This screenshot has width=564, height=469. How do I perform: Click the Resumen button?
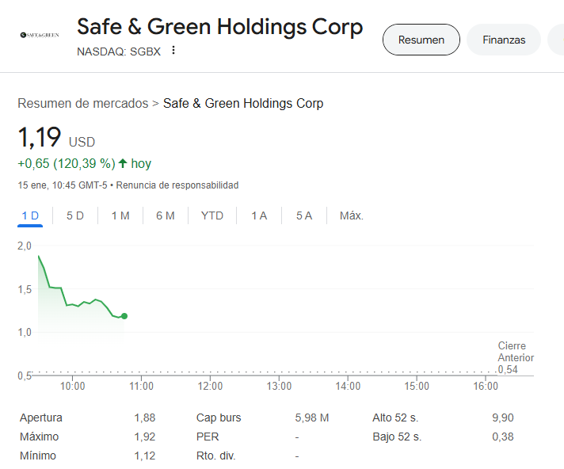(x=421, y=40)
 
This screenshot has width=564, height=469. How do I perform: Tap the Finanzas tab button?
(x=504, y=40)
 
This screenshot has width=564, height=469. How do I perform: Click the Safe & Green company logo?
(x=40, y=35)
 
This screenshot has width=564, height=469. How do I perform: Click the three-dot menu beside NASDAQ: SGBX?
(x=173, y=51)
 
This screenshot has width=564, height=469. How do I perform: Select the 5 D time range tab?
(x=75, y=215)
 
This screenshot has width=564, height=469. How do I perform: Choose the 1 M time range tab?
(x=120, y=215)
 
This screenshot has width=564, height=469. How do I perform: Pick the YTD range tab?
(x=212, y=215)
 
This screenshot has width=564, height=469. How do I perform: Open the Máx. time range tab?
(x=352, y=215)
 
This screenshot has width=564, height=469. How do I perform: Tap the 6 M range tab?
(x=166, y=215)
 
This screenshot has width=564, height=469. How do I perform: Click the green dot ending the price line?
(x=124, y=316)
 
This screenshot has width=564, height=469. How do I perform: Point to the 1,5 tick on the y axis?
(x=25, y=289)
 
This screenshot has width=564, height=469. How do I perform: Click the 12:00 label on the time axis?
(x=210, y=386)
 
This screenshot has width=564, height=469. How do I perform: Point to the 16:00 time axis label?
(x=486, y=386)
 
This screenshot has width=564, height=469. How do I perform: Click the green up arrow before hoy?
(x=123, y=163)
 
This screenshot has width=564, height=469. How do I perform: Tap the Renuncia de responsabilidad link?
(x=177, y=185)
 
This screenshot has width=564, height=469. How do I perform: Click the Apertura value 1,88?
(x=145, y=418)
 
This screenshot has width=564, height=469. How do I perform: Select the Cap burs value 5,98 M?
(x=312, y=418)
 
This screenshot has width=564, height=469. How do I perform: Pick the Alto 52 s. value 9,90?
(x=503, y=418)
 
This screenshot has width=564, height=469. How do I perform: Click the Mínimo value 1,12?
(x=145, y=456)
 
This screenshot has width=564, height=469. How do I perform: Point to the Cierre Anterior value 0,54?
(x=508, y=369)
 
